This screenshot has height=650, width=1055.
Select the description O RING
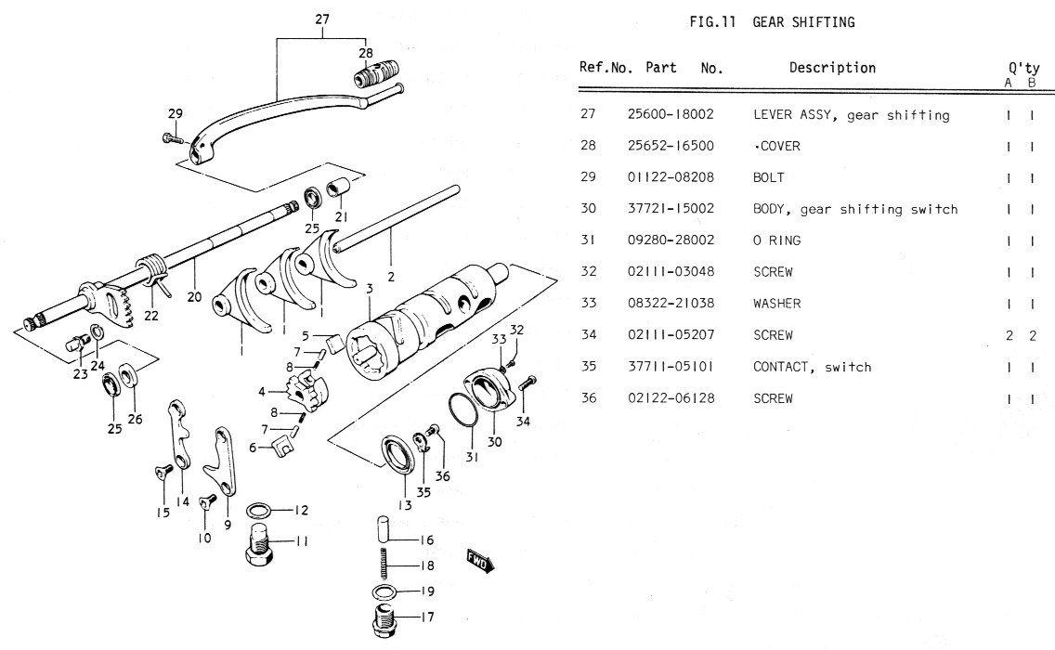(x=777, y=240)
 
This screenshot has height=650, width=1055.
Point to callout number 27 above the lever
(x=321, y=19)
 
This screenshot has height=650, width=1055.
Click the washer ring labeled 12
(x=259, y=510)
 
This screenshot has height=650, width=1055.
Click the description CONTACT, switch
(x=812, y=367)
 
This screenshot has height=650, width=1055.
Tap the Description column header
(x=832, y=68)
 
